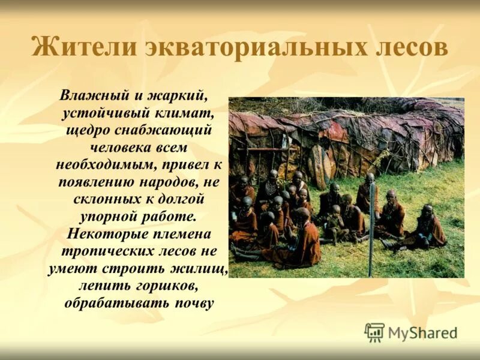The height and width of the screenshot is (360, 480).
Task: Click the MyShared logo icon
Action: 374,332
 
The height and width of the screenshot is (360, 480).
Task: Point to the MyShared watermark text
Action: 423,332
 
